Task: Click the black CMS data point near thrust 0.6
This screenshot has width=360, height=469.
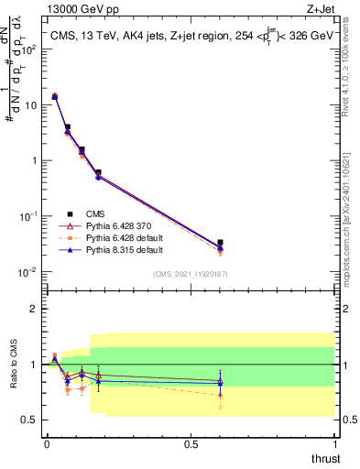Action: coord(220,243)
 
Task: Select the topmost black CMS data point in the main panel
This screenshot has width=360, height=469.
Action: coord(55,96)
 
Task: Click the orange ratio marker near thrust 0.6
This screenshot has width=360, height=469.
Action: coord(220,395)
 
